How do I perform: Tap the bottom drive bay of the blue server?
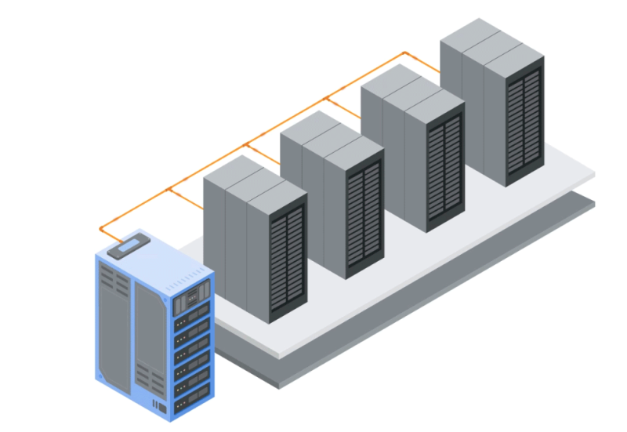point(193,403)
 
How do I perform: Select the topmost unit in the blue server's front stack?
point(193,296)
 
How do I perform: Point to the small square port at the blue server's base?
point(161,408)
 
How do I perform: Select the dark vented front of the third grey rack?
point(444,169)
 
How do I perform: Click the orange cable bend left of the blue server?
point(101,230)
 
